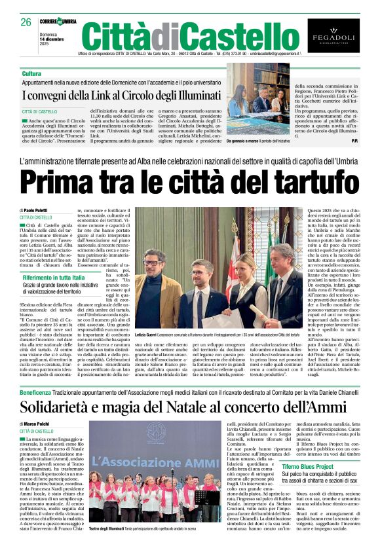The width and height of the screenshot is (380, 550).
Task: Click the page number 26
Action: click(26, 22)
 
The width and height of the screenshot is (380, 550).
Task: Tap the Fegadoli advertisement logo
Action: click(333, 36)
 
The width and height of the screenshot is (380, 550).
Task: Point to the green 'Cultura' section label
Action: click(31, 74)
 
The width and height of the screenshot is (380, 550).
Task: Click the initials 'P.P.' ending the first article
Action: click(354, 141)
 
